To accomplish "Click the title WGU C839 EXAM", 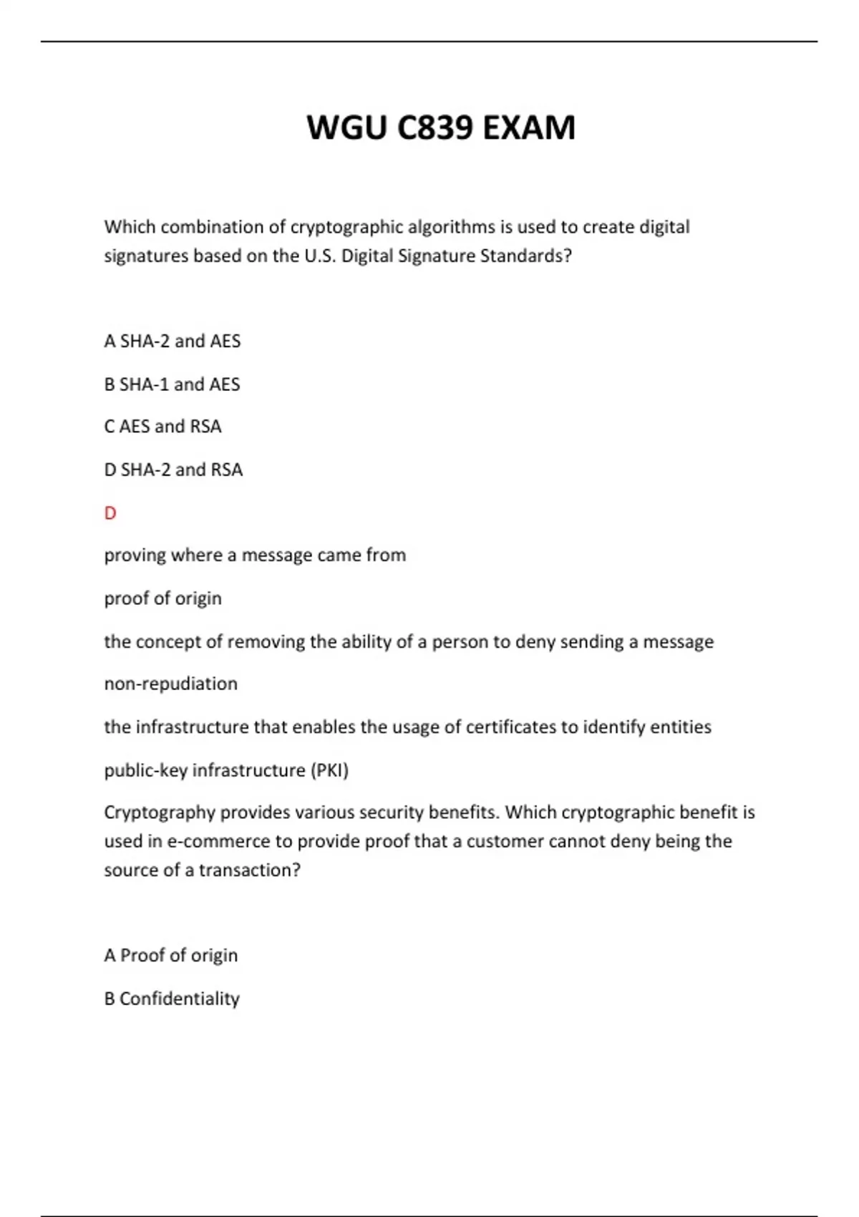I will click(440, 128).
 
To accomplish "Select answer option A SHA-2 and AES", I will click(173, 341).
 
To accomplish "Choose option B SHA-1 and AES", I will click(172, 384).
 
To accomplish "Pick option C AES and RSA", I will click(162, 427).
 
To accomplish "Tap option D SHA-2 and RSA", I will click(173, 470).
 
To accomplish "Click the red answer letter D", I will click(110, 513).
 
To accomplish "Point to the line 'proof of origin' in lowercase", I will click(162, 598).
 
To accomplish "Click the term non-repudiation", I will click(170, 684).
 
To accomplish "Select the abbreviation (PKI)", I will click(329, 770).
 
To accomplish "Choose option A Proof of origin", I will click(170, 956).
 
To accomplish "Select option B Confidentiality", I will click(172, 999).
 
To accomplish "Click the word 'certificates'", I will click(510, 727).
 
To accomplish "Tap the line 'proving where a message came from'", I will click(255, 556).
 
